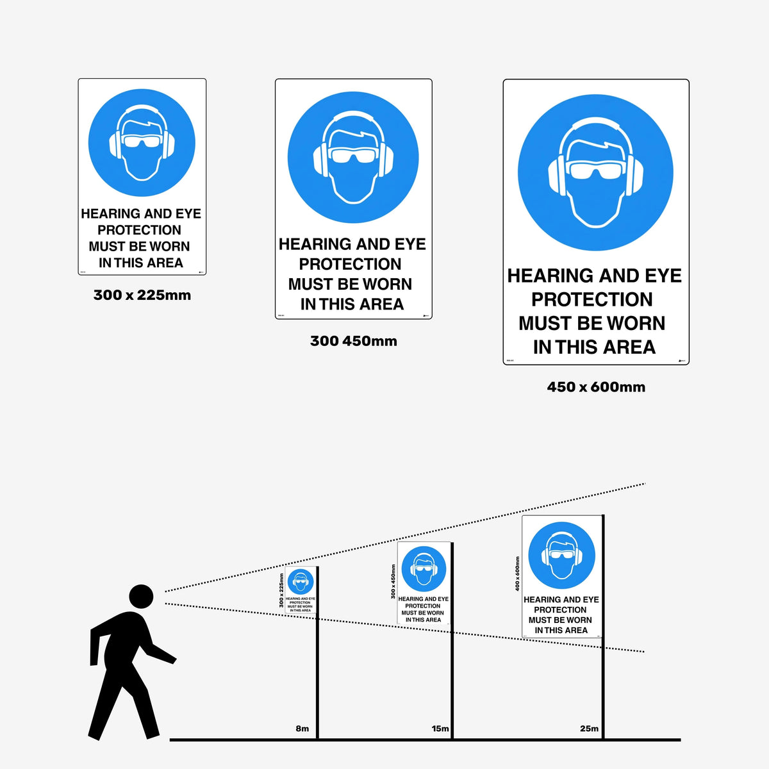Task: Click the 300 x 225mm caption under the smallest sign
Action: tap(142, 295)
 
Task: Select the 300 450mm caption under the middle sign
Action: tap(353, 341)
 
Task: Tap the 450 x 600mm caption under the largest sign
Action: tap(596, 387)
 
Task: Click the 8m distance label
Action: tap(302, 729)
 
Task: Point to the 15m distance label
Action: tap(440, 729)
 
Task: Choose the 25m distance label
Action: tap(589, 729)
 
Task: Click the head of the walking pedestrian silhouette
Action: tap(141, 596)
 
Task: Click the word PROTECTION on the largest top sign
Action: tap(592, 299)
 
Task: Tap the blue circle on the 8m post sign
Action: tap(300, 582)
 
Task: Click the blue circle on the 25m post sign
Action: tap(561, 556)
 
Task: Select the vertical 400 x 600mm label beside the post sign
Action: tap(517, 574)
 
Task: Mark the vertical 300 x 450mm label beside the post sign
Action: tap(393, 582)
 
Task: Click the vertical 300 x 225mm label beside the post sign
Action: tap(281, 591)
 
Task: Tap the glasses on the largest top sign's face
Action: tap(595, 170)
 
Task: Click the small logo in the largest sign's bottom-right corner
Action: tap(682, 361)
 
